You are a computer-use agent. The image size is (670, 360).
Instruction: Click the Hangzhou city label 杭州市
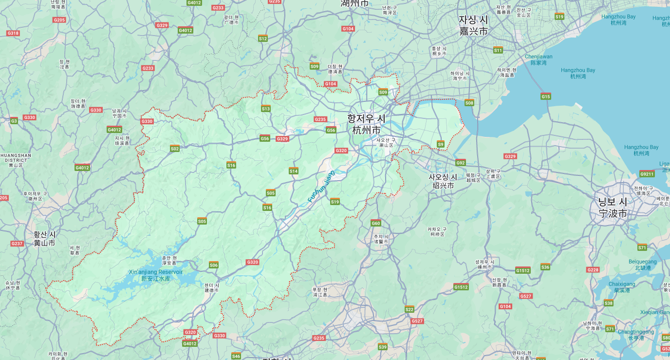366,131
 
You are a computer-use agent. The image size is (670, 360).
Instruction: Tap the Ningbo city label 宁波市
613,213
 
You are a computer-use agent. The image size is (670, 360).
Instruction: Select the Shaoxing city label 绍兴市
443,186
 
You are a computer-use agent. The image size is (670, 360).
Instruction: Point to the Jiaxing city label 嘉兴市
473,31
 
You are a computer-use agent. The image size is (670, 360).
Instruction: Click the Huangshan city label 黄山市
44,243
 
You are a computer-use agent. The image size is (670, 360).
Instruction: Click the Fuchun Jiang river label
321,187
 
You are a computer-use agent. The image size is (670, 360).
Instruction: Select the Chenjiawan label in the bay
539,59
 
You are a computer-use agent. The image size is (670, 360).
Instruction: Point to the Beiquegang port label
642,265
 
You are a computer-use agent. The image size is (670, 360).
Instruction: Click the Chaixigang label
622,287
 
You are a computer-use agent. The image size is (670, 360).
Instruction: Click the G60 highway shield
375,223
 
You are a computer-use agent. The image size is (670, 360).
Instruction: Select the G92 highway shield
460,163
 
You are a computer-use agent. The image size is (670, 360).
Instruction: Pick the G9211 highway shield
647,174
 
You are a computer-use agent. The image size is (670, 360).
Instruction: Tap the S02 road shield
175,149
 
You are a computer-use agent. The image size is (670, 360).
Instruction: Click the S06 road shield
214,265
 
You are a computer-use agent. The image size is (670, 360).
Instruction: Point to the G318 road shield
13,33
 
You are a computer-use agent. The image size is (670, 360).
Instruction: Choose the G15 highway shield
545,96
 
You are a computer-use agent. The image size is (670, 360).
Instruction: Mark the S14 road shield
293,171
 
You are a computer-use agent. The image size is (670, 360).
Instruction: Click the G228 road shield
593,270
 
